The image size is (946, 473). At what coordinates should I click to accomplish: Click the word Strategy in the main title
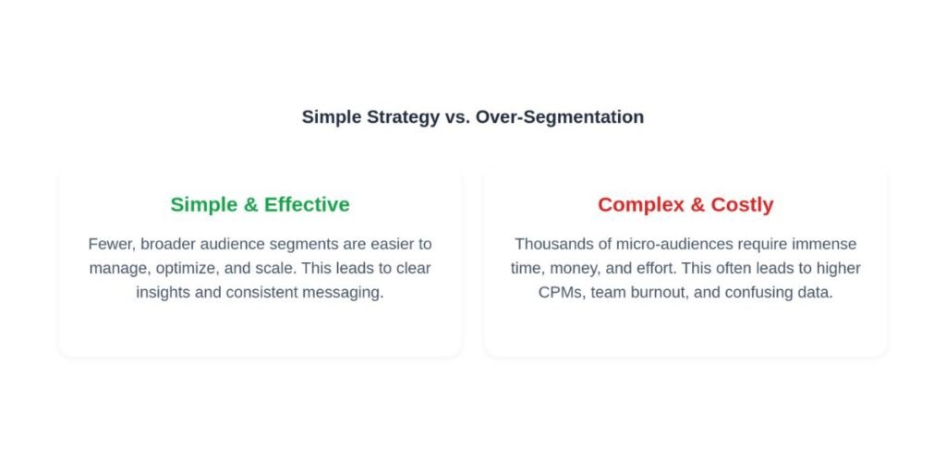click(403, 117)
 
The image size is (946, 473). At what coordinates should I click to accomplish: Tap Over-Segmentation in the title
click(559, 116)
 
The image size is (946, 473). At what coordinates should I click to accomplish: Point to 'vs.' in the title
click(456, 117)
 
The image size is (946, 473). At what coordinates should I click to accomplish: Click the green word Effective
click(307, 204)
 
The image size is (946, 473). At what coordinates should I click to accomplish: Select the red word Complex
click(641, 205)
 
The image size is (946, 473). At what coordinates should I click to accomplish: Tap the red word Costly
click(742, 205)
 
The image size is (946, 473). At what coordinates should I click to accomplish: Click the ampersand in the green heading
click(250, 204)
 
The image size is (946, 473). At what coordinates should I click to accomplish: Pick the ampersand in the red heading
click(697, 204)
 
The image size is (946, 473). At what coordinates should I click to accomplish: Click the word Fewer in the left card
click(112, 244)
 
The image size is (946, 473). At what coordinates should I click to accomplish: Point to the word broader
click(168, 244)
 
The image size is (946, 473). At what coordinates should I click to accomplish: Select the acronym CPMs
click(562, 293)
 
